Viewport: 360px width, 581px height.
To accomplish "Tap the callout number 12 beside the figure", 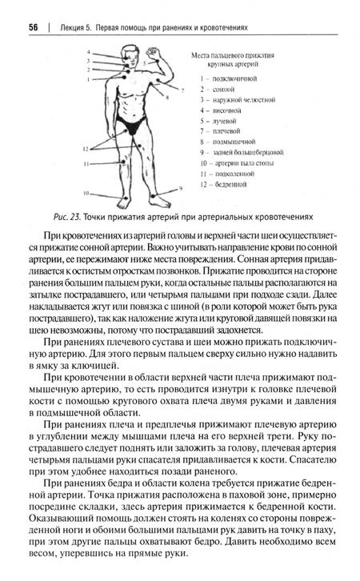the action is click(x=84, y=147).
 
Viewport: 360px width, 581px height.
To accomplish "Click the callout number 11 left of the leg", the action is click(x=86, y=163).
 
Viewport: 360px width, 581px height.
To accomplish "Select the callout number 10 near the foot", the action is click(x=86, y=193).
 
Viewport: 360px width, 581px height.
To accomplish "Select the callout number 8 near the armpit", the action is click(x=167, y=95).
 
